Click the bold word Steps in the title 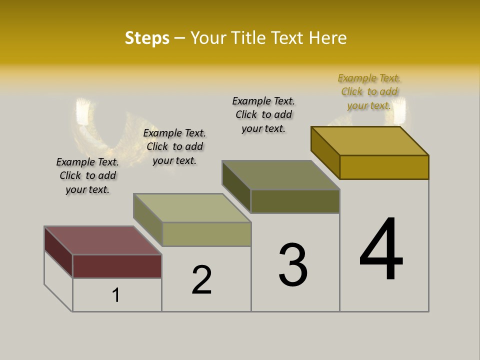point(147,38)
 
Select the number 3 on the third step point(293,265)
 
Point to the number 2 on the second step point(202,280)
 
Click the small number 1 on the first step point(116,295)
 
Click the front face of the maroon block point(117,266)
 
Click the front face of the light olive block point(206,234)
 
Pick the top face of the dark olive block point(281,175)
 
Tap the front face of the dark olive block point(295,201)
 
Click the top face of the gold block point(370,141)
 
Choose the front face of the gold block point(384,167)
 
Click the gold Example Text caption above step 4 point(369,92)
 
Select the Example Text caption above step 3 point(263,114)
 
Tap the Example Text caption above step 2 point(174,146)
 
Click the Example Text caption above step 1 point(87,175)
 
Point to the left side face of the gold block point(325,152)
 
